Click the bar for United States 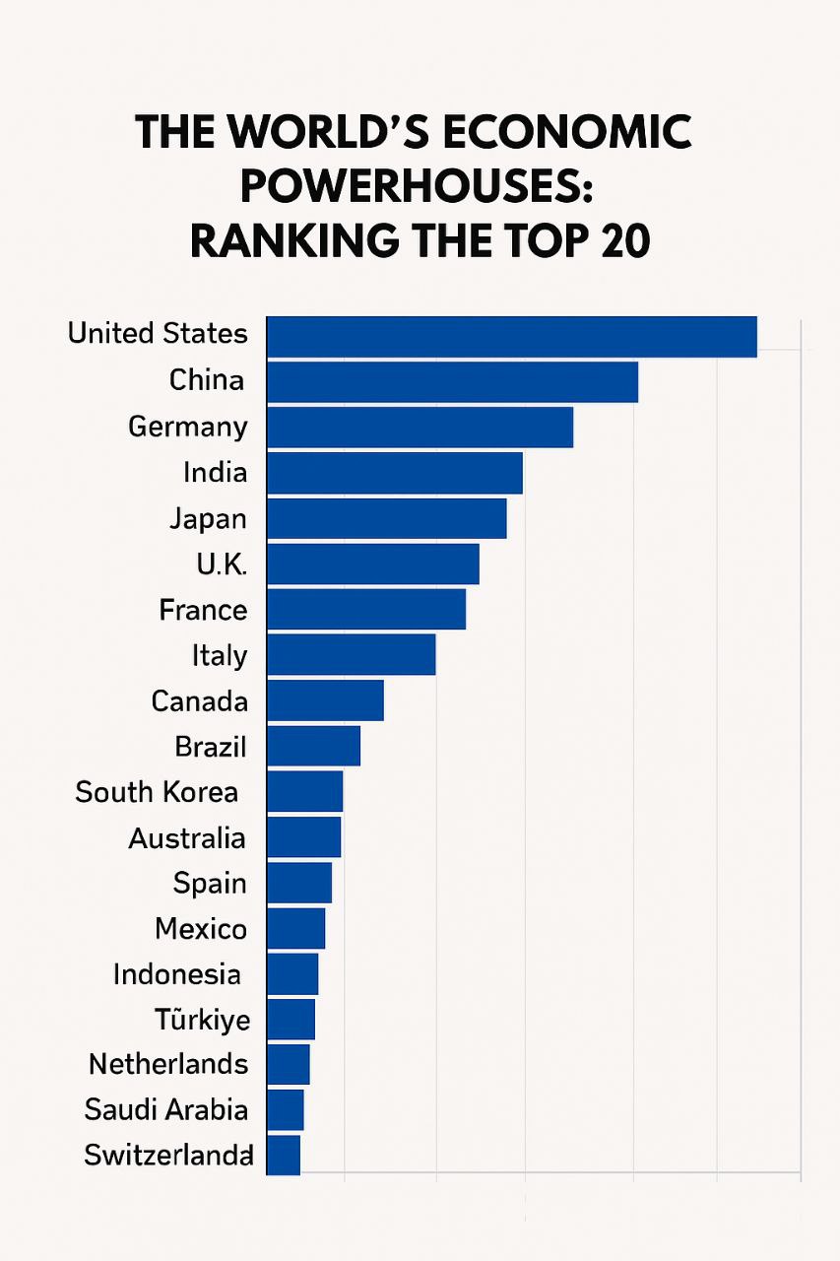click(x=511, y=336)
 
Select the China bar click(x=452, y=381)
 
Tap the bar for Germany click(x=420, y=427)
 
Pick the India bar click(x=394, y=473)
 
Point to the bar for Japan click(x=386, y=518)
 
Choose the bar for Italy click(x=351, y=654)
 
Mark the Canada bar click(x=325, y=700)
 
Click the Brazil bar click(x=313, y=746)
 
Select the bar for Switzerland click(x=284, y=1155)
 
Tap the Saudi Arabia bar click(x=286, y=1109)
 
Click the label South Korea click(x=157, y=792)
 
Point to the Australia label click(x=187, y=838)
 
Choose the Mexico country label click(x=201, y=928)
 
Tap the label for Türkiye click(x=202, y=1019)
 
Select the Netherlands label click(x=168, y=1064)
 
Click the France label click(x=203, y=610)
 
